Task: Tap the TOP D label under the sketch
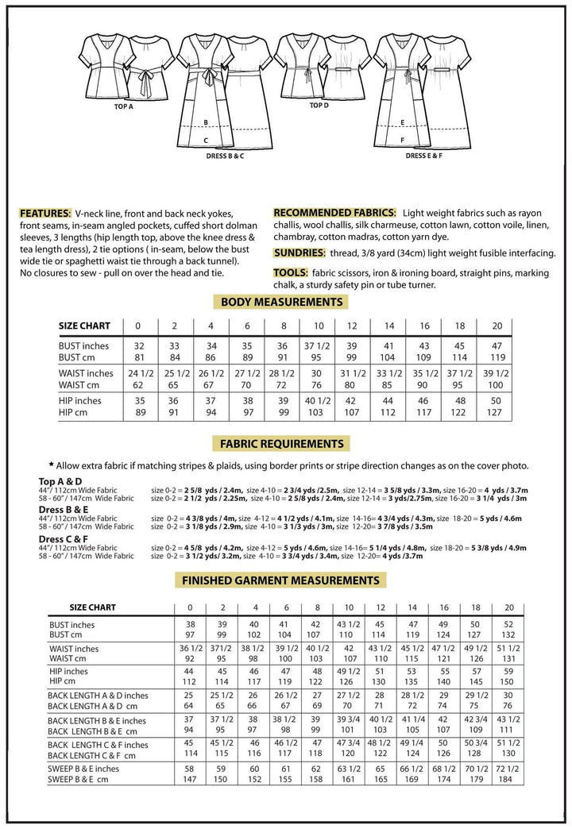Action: (x=319, y=105)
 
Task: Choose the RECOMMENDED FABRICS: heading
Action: (x=334, y=213)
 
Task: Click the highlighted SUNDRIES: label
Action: (x=298, y=253)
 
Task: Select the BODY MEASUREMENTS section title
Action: (x=281, y=302)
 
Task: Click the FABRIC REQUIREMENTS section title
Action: (x=282, y=444)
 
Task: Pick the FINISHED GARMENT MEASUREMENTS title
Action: (x=281, y=580)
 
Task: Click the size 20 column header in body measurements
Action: (x=497, y=326)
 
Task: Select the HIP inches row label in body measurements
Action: (x=86, y=401)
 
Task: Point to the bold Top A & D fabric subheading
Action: (x=61, y=480)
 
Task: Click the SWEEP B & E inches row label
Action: (x=84, y=769)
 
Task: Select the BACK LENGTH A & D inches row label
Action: (x=98, y=696)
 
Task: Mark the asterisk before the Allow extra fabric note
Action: (x=51, y=465)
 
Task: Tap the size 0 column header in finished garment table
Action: (x=190, y=607)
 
